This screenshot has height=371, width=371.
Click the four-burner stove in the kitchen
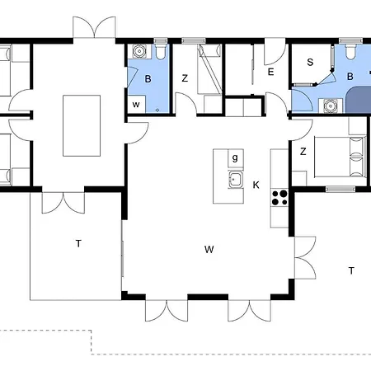tap(279, 198)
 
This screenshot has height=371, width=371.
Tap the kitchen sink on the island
tap(236, 179)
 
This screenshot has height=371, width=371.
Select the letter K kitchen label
tap(256, 185)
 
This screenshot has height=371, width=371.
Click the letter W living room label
tap(209, 250)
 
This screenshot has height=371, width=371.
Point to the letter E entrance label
tap(270, 72)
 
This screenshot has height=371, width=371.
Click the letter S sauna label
tap(310, 62)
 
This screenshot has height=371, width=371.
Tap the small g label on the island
tap(235, 158)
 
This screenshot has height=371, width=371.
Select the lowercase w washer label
tap(136, 105)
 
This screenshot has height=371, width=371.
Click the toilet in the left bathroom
tap(160, 51)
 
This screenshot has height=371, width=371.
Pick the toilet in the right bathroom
tap(350, 51)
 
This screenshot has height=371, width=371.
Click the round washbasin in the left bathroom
tap(139, 51)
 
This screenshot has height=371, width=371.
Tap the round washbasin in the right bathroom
tap(330, 106)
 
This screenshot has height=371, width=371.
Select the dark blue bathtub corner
tap(359, 100)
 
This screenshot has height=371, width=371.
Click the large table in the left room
tap(82, 126)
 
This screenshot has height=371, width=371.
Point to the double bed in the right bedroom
tap(340, 157)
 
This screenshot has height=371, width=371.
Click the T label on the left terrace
tap(78, 243)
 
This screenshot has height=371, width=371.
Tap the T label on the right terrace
tap(351, 270)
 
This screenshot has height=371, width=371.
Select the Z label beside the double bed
tap(303, 152)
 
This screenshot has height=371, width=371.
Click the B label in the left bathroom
tap(148, 79)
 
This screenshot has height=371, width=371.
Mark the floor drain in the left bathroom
tap(157, 110)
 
